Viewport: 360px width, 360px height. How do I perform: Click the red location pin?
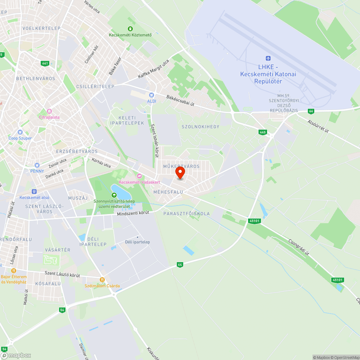pos(180,173)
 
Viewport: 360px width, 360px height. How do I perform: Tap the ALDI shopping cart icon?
pos(152,95)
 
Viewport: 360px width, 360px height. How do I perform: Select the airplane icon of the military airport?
pos(268,59)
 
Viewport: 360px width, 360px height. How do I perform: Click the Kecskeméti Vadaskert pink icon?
pos(139,176)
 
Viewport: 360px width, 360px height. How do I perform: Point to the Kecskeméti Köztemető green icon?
pos(130,29)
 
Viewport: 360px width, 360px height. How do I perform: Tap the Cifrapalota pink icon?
pos(49,111)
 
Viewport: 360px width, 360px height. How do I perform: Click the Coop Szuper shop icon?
pos(20,132)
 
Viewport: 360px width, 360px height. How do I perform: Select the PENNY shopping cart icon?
pos(37,165)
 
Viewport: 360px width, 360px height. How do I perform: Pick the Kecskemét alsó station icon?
pos(34,192)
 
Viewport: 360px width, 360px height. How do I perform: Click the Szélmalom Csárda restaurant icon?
pos(102,280)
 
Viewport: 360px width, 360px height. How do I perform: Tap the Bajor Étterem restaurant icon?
pos(14,271)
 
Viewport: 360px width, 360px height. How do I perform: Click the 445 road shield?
pos(262,132)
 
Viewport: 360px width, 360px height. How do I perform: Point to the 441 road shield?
pos(45,63)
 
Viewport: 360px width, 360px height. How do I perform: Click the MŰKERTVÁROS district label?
pos(181,166)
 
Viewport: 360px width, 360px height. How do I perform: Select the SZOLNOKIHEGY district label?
pos(200,127)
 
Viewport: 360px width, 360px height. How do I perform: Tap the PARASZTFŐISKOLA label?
pos(186,214)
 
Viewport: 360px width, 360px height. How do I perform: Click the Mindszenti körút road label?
pos(133,213)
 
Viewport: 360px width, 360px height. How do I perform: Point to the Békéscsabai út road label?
pos(180,100)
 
